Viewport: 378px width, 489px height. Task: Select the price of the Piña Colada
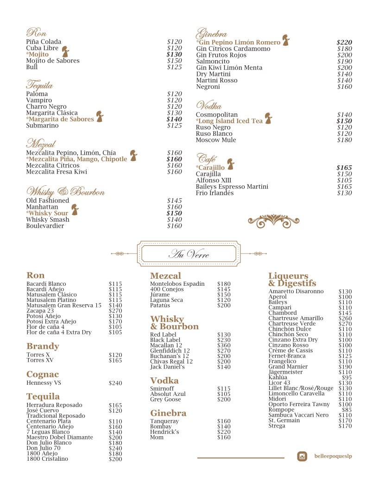[x=174, y=42]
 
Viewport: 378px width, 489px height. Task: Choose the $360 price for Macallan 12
[x=224, y=345]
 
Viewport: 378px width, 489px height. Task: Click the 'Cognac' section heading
[x=43, y=374]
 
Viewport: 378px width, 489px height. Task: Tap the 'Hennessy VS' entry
[x=44, y=383]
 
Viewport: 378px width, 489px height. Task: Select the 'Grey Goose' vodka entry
[x=165, y=399]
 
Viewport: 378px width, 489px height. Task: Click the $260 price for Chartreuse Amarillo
[x=345, y=319]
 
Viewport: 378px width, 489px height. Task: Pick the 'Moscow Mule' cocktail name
[x=216, y=140]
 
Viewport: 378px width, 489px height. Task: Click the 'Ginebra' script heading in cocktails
[x=212, y=34]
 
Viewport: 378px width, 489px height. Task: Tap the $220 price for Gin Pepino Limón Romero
[x=344, y=42]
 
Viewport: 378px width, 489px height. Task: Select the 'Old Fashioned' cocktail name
[x=47, y=201]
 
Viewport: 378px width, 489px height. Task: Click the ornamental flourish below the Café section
[x=274, y=221]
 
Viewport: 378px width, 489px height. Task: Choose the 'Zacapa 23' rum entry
[x=40, y=311]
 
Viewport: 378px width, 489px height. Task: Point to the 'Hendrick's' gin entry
[x=164, y=432]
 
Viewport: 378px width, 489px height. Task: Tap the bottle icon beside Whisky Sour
[x=75, y=210]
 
